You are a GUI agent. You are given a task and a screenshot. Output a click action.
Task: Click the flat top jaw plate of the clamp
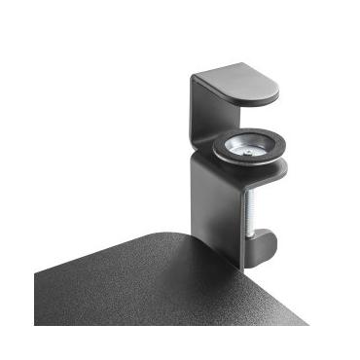238,83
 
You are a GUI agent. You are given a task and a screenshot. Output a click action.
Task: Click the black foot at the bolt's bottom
256,244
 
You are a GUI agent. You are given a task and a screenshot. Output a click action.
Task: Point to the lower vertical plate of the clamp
209,204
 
